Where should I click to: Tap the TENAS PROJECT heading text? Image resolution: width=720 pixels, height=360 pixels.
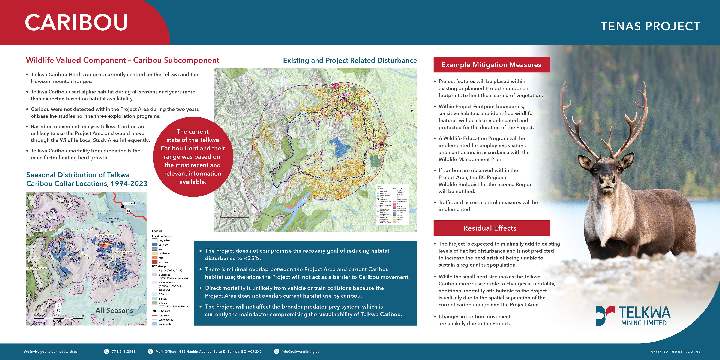[x=650, y=26]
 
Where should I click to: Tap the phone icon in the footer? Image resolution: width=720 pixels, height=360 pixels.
[x=106, y=351]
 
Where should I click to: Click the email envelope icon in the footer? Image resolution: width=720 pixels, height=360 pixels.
[x=276, y=351]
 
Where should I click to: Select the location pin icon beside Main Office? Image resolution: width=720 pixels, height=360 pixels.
[x=150, y=351]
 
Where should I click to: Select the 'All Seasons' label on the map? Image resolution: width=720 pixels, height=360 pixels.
[x=114, y=310]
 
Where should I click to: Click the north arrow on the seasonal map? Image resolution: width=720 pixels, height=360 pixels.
[x=58, y=308]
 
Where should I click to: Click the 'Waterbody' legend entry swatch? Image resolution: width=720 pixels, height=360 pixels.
[x=154, y=324]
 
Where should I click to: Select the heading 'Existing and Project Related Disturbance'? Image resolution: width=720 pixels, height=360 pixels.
[x=350, y=60]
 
